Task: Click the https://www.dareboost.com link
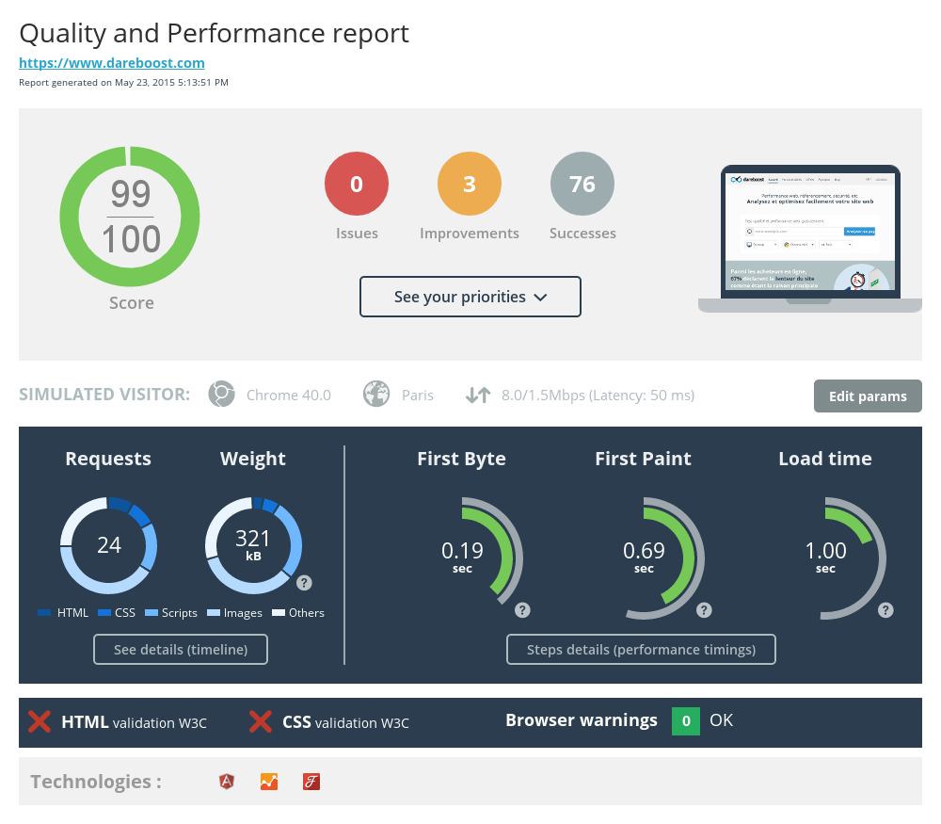tap(112, 63)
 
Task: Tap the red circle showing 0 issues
tap(357, 185)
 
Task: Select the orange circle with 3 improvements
tap(470, 185)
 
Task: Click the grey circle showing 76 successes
tap(582, 185)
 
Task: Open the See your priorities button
tap(470, 297)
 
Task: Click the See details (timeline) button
tap(181, 650)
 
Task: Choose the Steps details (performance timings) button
tap(641, 650)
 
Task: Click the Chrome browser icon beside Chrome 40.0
tap(221, 395)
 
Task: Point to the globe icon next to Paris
tap(376, 395)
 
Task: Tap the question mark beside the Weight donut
tap(304, 582)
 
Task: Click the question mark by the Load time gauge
tap(885, 610)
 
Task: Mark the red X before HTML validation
tap(40, 722)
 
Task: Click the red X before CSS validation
tap(261, 722)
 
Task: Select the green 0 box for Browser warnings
tap(685, 721)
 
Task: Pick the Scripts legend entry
tap(171, 613)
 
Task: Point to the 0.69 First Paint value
tap(645, 551)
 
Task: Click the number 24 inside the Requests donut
tap(109, 544)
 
